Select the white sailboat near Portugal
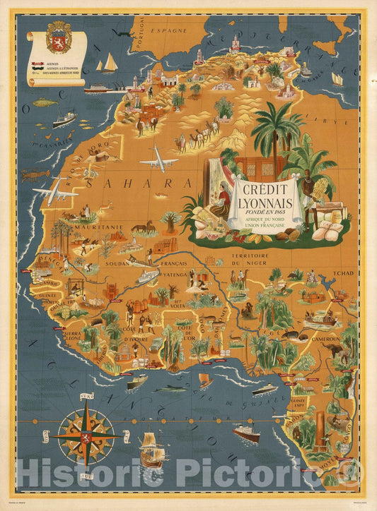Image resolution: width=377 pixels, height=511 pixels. (108, 64)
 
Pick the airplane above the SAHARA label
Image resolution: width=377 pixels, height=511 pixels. (158, 159)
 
